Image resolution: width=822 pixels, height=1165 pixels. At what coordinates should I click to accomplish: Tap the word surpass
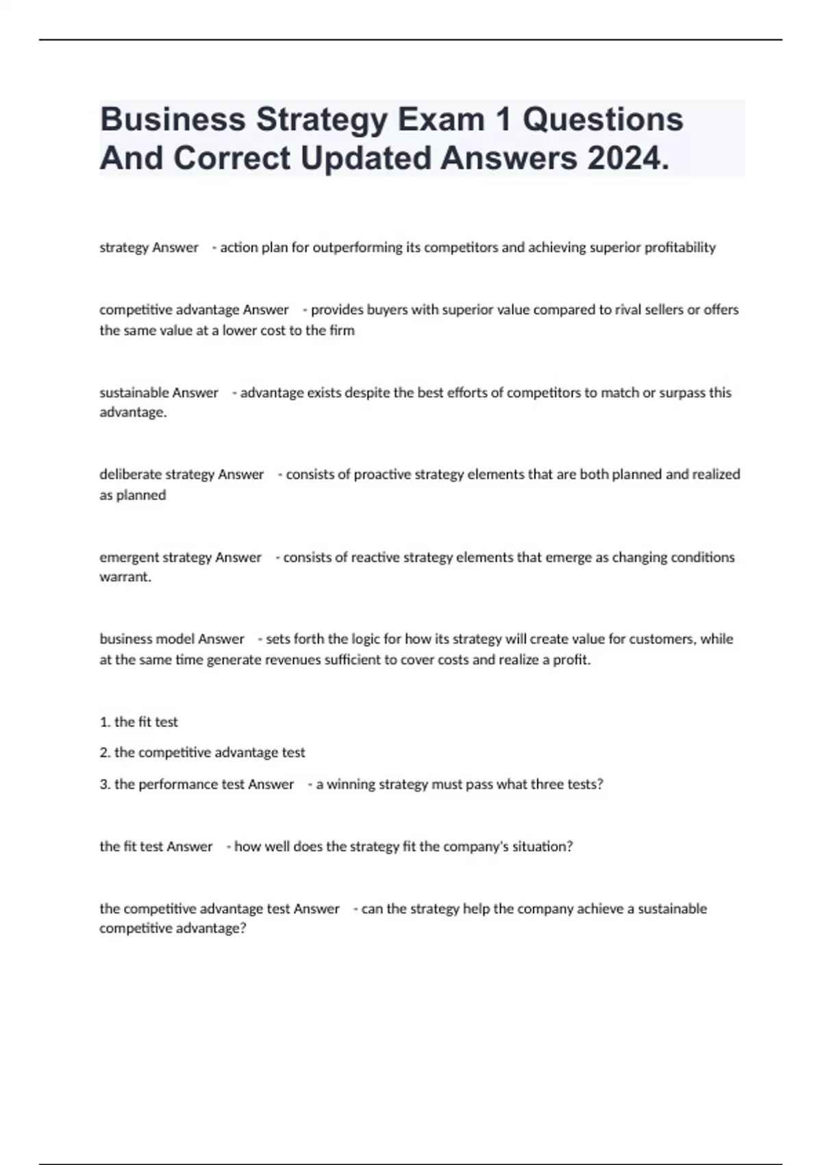[680, 393]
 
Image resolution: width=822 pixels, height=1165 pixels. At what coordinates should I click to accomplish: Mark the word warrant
[124, 577]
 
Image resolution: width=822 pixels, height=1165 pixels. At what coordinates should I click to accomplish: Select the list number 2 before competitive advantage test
[104, 752]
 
